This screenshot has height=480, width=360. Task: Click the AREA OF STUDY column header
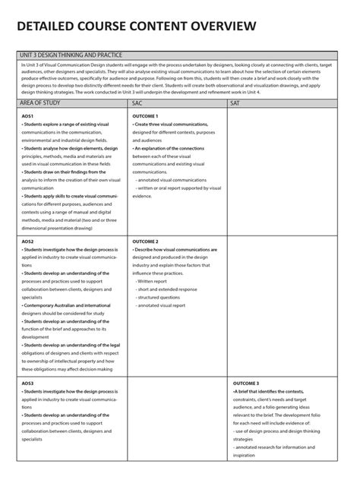tap(40, 103)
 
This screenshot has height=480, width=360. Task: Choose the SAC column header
tap(137, 103)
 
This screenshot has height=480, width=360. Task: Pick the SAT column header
tap(235, 103)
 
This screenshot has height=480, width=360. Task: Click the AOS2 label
tap(28, 241)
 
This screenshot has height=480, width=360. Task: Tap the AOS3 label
tap(28, 384)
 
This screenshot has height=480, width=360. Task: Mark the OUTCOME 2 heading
tap(146, 241)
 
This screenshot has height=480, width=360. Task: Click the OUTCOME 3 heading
tap(246, 384)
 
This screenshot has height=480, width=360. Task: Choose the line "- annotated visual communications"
tap(172, 180)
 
